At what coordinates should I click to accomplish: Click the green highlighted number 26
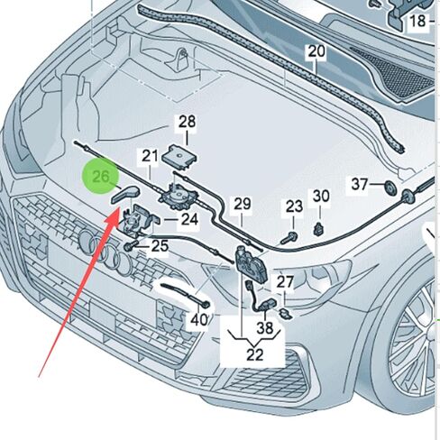point(101,176)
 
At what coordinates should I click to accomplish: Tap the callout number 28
point(187,123)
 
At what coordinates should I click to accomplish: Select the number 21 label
point(150,157)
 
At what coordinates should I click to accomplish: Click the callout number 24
point(189,219)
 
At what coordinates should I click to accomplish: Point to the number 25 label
point(160,246)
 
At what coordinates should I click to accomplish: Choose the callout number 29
point(243,205)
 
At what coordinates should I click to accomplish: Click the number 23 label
point(294,206)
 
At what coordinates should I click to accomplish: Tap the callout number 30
point(321,197)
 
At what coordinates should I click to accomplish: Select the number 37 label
point(360,184)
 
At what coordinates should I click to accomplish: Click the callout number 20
point(316,51)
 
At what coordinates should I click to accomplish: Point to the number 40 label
point(199,320)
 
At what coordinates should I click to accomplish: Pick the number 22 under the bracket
point(255,354)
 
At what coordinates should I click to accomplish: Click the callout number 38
point(265,327)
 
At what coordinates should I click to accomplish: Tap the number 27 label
point(285,282)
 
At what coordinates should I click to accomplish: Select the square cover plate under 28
point(179,157)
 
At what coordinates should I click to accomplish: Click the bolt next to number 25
point(130,247)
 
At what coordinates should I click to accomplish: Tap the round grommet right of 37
point(390,188)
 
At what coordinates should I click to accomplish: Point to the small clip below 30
point(318,230)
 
